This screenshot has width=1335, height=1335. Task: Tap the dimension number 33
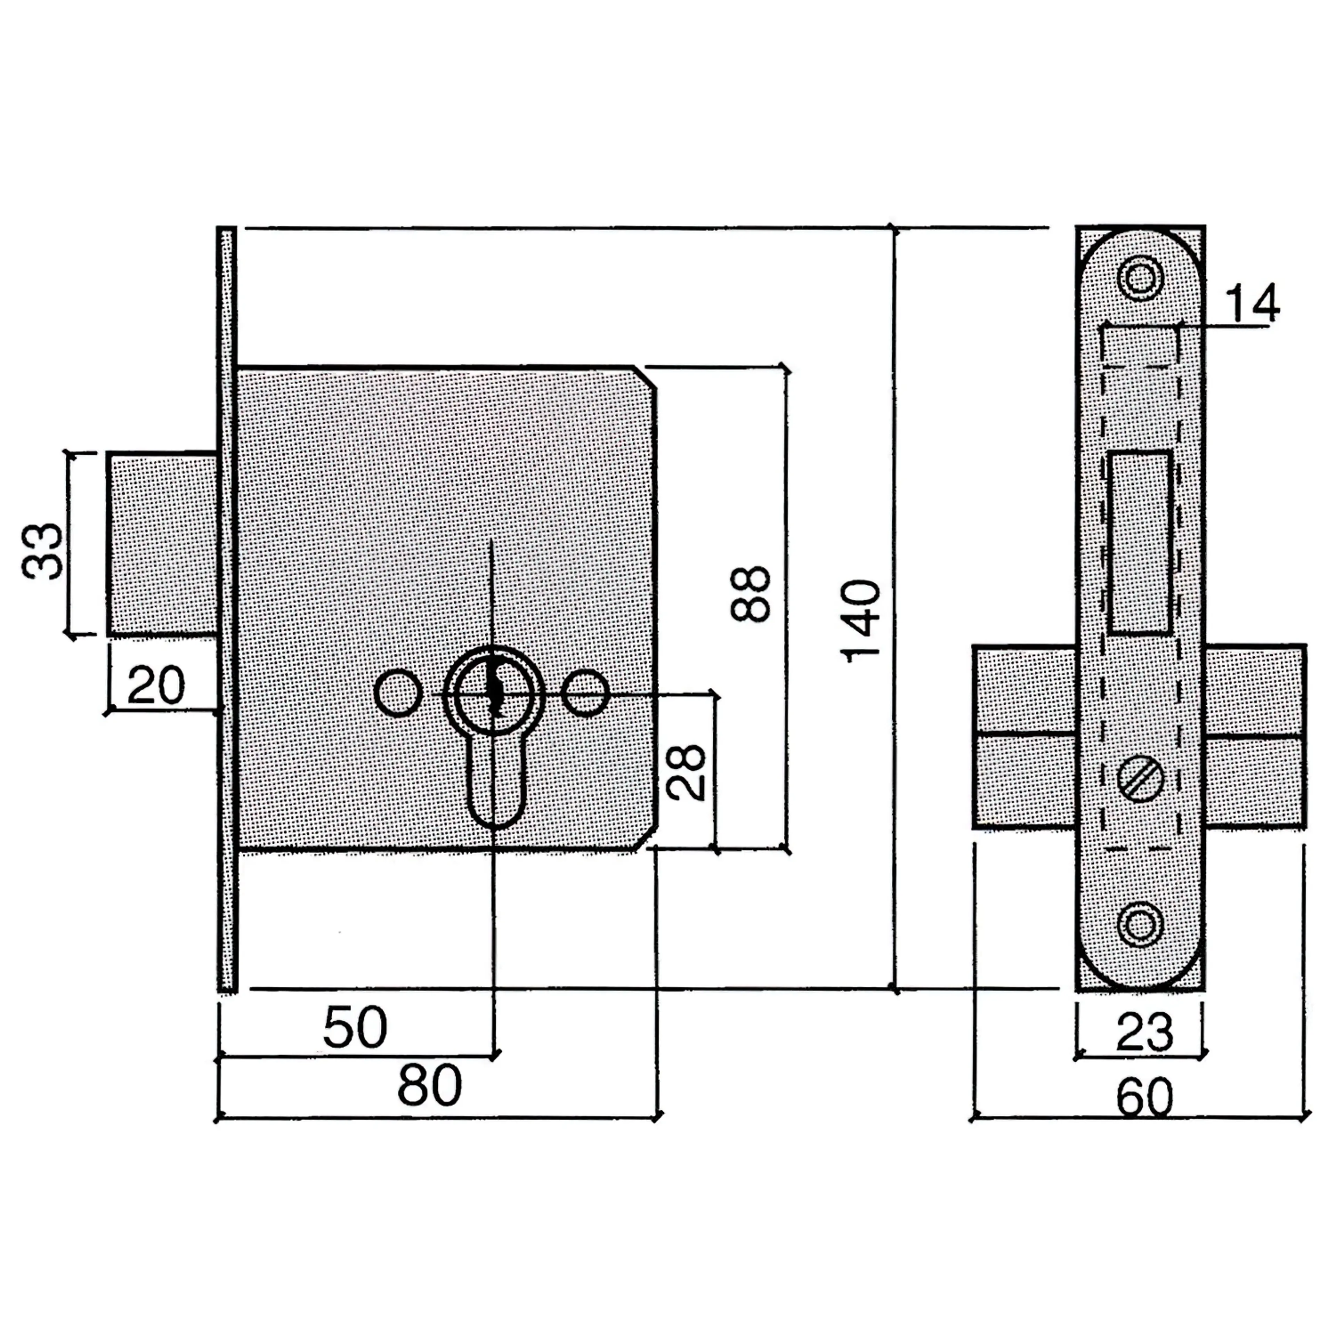click(x=43, y=551)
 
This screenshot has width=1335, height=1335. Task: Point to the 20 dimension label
click(x=156, y=686)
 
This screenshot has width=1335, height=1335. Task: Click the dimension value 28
click(x=686, y=772)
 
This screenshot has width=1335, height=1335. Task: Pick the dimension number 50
click(x=355, y=1027)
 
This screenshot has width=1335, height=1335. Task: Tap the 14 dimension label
click(x=1252, y=303)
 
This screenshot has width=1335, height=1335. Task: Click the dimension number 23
click(x=1144, y=1032)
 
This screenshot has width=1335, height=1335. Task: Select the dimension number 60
click(x=1144, y=1097)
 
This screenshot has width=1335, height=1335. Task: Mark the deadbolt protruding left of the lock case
click(x=162, y=543)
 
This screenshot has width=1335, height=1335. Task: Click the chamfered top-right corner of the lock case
click(x=645, y=377)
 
